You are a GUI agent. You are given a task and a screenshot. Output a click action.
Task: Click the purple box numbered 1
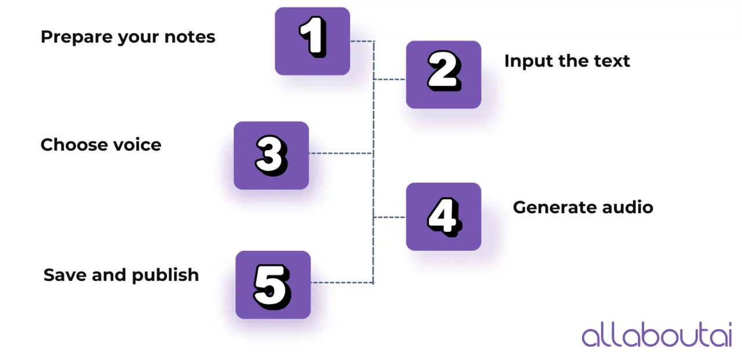tap(312, 41)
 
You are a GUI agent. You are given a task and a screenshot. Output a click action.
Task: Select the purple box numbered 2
tap(443, 75)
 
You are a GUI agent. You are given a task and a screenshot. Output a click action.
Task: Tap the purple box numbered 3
tap(271, 155)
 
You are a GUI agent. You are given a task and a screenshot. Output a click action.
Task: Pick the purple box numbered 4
tap(443, 217)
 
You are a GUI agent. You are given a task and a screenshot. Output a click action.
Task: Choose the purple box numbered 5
tap(273, 284)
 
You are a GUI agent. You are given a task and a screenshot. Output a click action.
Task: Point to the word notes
tap(190, 37)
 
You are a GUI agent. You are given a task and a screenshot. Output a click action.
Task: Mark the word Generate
tap(547, 207)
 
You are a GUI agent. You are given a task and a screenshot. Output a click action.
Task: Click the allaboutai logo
tap(657, 335)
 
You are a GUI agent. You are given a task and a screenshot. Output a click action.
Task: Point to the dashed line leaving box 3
tap(340, 153)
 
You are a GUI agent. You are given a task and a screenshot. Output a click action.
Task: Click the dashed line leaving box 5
tap(342, 283)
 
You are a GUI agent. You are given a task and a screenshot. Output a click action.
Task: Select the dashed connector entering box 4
tap(390, 217)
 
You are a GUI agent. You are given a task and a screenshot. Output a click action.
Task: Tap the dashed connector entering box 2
tap(390, 79)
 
